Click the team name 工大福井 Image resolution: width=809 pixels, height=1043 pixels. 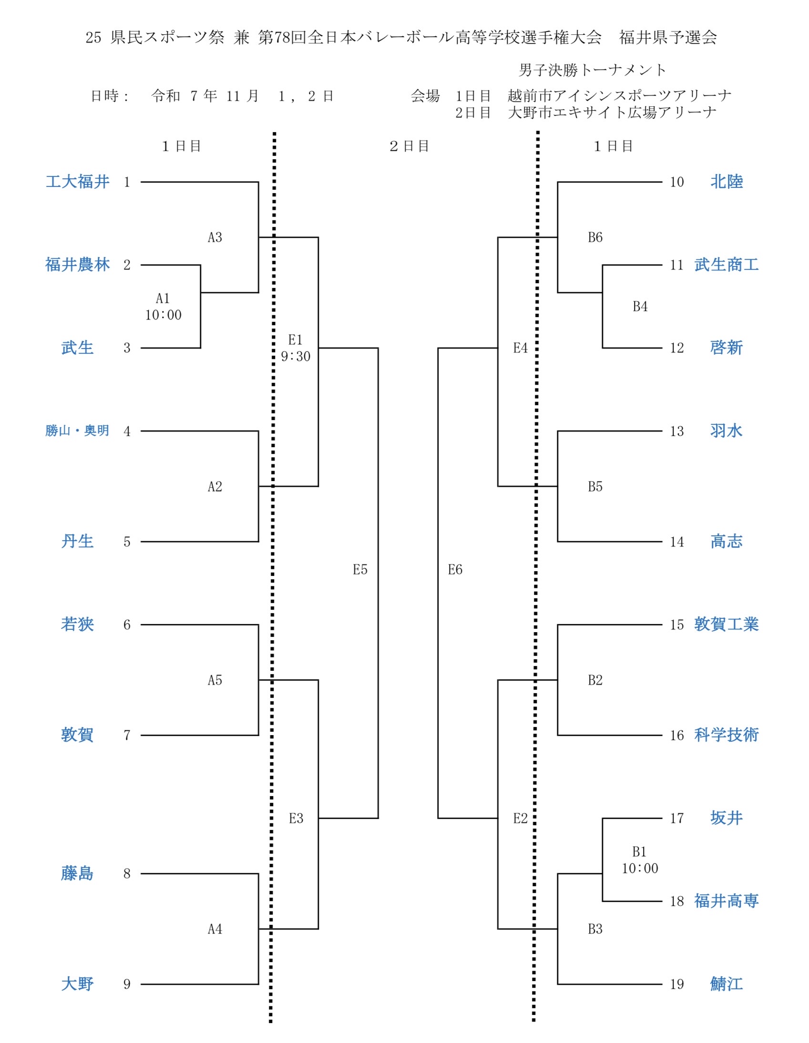[x=77, y=182]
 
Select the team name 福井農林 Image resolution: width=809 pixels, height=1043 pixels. [x=77, y=265]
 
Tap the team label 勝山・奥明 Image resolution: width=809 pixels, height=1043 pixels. [x=77, y=431]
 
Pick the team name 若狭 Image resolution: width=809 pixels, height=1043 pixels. [x=77, y=624]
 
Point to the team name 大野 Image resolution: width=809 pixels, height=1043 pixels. [x=77, y=984]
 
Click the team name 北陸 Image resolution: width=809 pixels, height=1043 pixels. [x=726, y=182]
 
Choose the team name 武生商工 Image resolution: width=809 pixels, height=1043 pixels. [x=726, y=265]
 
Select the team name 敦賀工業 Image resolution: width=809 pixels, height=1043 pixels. [x=726, y=624]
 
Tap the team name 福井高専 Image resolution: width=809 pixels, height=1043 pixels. [x=726, y=900]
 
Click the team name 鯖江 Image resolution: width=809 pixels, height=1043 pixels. [x=726, y=984]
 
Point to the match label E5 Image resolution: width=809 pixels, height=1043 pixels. [x=360, y=569]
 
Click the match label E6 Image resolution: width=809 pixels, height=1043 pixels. [x=455, y=569]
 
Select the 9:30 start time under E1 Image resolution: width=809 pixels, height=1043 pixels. [x=296, y=356]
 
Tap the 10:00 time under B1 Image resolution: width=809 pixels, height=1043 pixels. [x=639, y=868]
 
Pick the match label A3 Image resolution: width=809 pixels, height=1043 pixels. [x=215, y=237]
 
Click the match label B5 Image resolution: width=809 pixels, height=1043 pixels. [x=595, y=487]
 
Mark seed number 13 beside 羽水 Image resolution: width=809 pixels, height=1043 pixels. [x=676, y=431]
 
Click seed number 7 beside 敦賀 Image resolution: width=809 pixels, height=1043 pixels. [x=127, y=735]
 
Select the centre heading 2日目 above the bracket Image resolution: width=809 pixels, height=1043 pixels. [x=410, y=146]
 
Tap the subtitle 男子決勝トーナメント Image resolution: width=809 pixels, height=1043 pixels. [x=592, y=70]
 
